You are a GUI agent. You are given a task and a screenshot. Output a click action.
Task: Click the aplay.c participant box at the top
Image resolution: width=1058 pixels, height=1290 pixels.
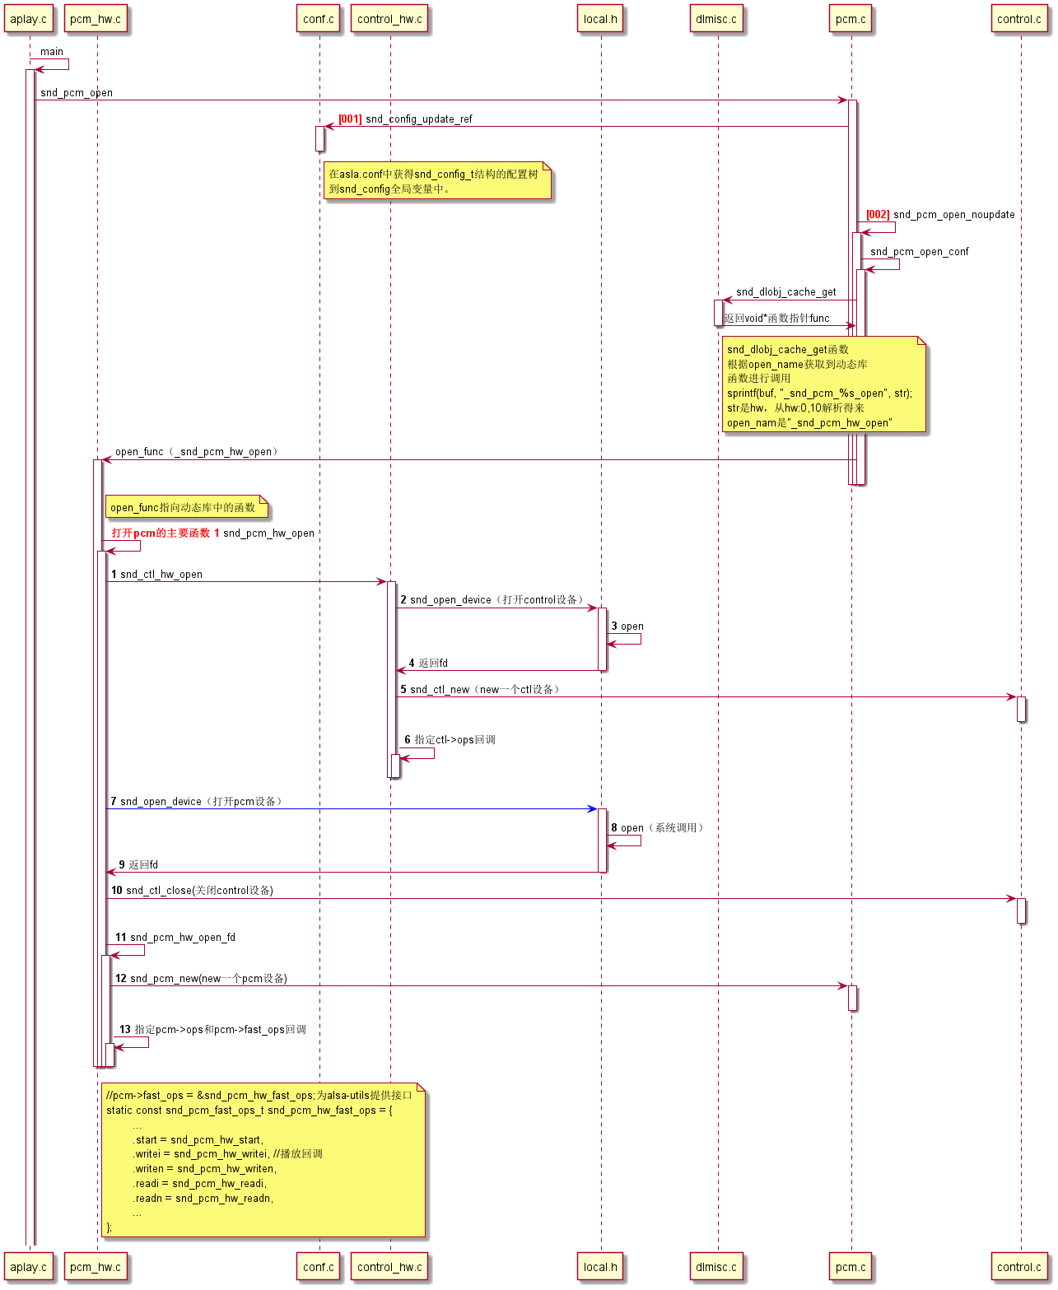pyautogui.click(x=29, y=19)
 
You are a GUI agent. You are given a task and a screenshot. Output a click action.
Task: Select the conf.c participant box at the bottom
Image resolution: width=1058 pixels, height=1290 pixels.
pyautogui.click(x=319, y=1267)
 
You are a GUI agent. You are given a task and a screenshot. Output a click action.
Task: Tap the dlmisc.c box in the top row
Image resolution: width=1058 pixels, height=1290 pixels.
pyautogui.click(x=716, y=19)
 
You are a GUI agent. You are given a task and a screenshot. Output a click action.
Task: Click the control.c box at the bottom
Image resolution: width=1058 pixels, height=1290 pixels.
pyautogui.click(x=1019, y=1267)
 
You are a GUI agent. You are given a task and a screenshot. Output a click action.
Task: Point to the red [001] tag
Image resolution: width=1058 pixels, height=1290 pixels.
pyautogui.click(x=350, y=119)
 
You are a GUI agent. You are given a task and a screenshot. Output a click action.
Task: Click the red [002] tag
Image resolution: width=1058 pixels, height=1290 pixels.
pyautogui.click(x=878, y=215)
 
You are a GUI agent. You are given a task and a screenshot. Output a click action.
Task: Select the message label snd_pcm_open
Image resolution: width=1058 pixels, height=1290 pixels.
pyautogui.click(x=77, y=93)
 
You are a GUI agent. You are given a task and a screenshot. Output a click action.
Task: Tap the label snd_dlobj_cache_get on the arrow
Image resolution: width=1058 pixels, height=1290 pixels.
pyautogui.click(x=785, y=292)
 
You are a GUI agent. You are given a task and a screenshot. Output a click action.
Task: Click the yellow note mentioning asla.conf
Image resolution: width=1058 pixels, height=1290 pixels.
pyautogui.click(x=436, y=181)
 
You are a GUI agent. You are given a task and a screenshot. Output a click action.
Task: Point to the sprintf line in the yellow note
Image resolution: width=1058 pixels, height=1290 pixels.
pyautogui.click(x=819, y=394)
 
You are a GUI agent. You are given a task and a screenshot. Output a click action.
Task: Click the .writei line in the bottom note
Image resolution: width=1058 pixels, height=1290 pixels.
pyautogui.click(x=227, y=1154)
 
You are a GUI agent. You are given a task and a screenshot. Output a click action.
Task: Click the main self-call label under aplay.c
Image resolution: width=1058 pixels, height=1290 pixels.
pyautogui.click(x=52, y=52)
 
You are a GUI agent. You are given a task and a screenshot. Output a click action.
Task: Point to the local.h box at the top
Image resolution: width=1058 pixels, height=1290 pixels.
pyautogui.click(x=600, y=19)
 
